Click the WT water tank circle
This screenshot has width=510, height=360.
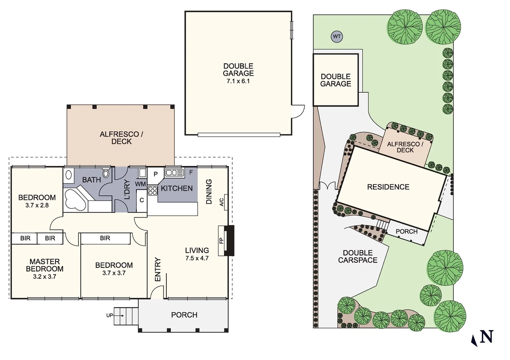tap(337, 36)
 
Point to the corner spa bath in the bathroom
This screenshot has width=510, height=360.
tap(75, 200)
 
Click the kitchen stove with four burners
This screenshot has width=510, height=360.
tap(152, 191)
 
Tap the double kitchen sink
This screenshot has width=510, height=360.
tap(174, 173)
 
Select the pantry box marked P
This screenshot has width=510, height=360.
tap(155, 174)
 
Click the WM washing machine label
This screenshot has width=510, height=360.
tap(140, 184)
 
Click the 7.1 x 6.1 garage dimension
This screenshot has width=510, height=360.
tap(238, 81)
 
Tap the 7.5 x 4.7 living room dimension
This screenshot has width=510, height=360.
tap(197, 258)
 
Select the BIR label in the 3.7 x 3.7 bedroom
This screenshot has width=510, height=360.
tap(105, 238)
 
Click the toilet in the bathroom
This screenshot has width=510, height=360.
tap(106, 174)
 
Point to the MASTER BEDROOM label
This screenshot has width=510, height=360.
tap(45, 265)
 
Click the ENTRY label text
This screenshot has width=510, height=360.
tap(158, 269)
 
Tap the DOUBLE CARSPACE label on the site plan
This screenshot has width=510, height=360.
tap(358, 257)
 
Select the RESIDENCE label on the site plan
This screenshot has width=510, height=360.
tap(388, 187)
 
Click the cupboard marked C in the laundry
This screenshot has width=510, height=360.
tap(142, 200)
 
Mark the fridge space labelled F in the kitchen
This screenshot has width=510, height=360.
tap(191, 173)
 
